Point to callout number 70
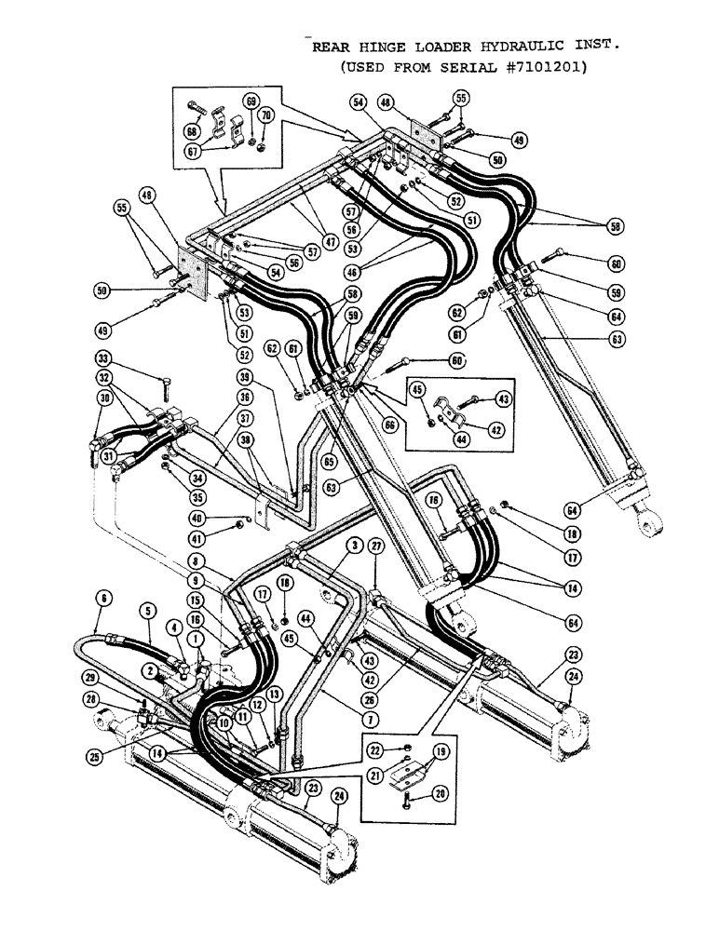[x=265, y=115]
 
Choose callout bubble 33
[x=103, y=357]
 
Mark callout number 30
[x=103, y=397]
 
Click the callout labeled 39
[x=243, y=377]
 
